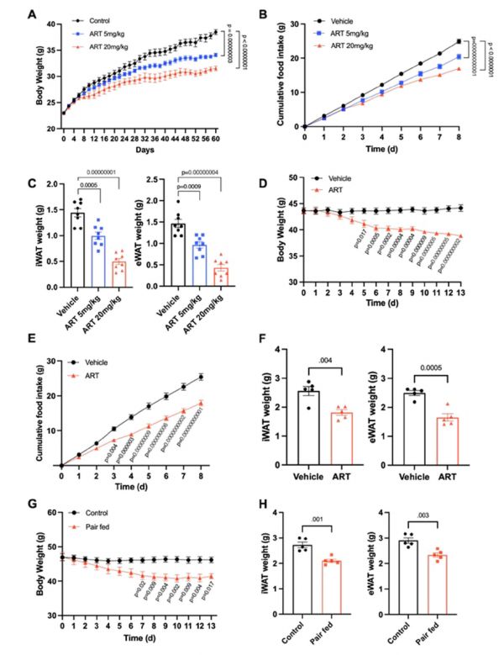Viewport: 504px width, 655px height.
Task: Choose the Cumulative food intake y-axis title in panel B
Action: [276, 71]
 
